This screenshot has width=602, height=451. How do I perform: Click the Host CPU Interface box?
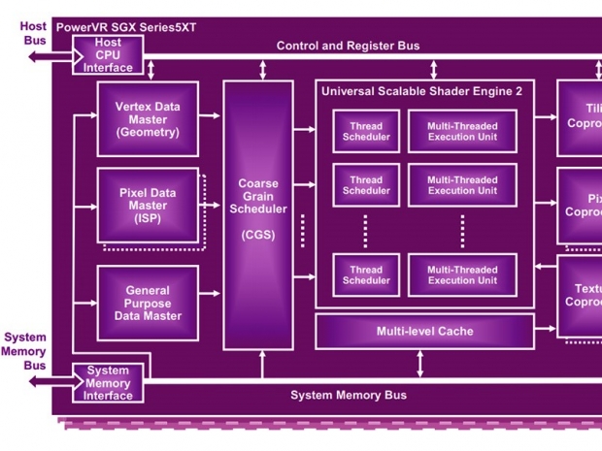click(x=109, y=55)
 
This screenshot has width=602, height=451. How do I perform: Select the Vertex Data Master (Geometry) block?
click(x=148, y=119)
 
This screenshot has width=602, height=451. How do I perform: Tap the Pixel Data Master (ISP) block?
click(x=148, y=206)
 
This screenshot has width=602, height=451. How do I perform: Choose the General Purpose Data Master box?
click(x=148, y=303)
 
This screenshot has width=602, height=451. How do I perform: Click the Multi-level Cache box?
click(x=424, y=332)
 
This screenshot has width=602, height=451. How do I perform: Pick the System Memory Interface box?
click(x=109, y=383)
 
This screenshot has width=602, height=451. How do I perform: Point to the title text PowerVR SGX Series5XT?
click(x=126, y=27)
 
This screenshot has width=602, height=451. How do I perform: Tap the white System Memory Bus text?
click(x=349, y=395)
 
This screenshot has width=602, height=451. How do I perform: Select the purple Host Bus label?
click(x=33, y=34)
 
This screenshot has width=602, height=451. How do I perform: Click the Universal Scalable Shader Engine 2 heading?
click(x=424, y=90)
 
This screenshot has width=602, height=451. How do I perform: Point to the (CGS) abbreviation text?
click(x=257, y=234)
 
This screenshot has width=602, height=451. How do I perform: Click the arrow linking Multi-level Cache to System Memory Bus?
click(x=419, y=364)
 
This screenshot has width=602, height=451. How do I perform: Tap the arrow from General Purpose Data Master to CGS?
click(x=211, y=302)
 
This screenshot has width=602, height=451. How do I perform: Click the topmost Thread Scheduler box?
click(x=366, y=131)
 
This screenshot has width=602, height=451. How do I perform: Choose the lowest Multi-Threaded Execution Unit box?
click(x=462, y=275)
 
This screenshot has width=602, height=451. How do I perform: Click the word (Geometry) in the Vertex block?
click(x=148, y=133)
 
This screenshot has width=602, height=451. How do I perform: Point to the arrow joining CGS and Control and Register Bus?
click(x=262, y=70)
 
